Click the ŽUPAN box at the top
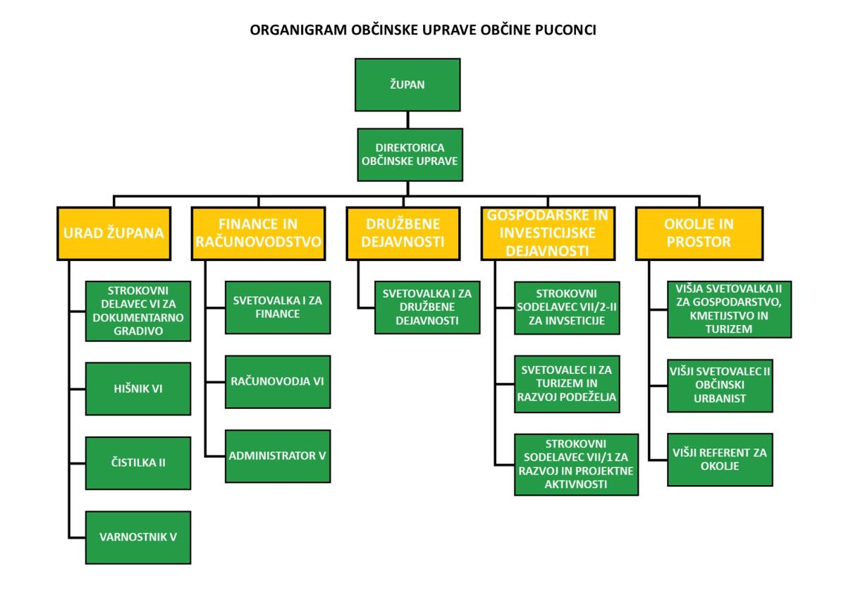(x=407, y=85)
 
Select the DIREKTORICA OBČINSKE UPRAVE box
(x=410, y=154)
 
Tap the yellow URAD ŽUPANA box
(x=114, y=233)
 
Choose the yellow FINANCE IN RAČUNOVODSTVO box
(x=258, y=233)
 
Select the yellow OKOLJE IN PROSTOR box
(x=699, y=233)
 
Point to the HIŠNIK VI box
(x=138, y=389)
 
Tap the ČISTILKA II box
(x=138, y=463)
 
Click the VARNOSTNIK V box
(x=138, y=537)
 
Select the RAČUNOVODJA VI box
(x=278, y=382)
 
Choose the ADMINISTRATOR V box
(x=278, y=456)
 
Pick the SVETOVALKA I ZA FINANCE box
(x=278, y=307)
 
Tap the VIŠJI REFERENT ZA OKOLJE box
(x=720, y=460)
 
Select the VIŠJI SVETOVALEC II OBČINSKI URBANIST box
(x=720, y=385)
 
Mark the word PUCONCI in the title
(x=565, y=31)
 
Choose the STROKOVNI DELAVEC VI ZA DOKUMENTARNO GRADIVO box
(x=138, y=311)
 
